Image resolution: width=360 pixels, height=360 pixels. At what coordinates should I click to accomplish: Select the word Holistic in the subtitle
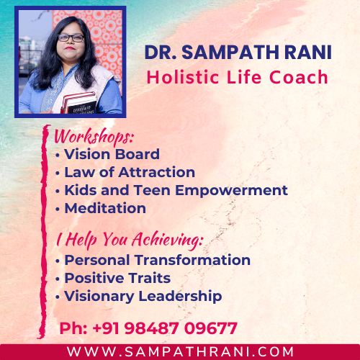(183, 77)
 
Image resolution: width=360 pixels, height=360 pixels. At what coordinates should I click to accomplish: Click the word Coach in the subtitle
(299, 77)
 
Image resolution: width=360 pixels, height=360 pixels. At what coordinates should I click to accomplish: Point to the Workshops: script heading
(94, 137)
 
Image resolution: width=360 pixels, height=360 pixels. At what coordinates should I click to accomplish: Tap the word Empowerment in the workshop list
(231, 191)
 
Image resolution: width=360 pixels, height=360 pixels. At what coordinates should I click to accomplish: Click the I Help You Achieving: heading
(130, 240)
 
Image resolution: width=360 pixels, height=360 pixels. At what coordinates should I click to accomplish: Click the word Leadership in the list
(180, 297)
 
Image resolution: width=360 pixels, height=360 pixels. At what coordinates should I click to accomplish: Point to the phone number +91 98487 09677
(165, 328)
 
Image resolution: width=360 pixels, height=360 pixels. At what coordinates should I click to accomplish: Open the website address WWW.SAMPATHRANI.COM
(180, 352)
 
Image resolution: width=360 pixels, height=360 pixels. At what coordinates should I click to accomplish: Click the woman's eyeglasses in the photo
(71, 38)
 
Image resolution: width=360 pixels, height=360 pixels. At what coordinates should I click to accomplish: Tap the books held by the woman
(78, 103)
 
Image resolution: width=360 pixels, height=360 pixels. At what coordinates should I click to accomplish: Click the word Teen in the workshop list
(152, 190)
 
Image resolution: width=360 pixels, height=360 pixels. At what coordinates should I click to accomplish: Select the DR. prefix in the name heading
(161, 53)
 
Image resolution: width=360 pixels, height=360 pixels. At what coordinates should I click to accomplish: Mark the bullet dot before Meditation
(57, 210)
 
